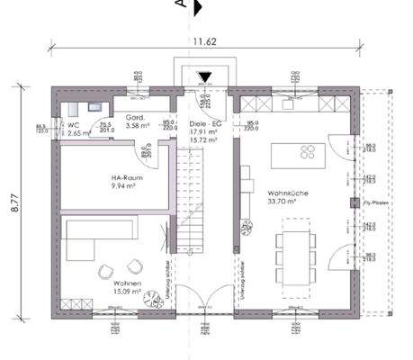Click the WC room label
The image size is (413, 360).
click(74, 125)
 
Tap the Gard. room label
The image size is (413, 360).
click(136, 118)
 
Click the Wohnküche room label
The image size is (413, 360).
click(287, 193)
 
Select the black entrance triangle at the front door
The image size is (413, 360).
click(206, 79)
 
